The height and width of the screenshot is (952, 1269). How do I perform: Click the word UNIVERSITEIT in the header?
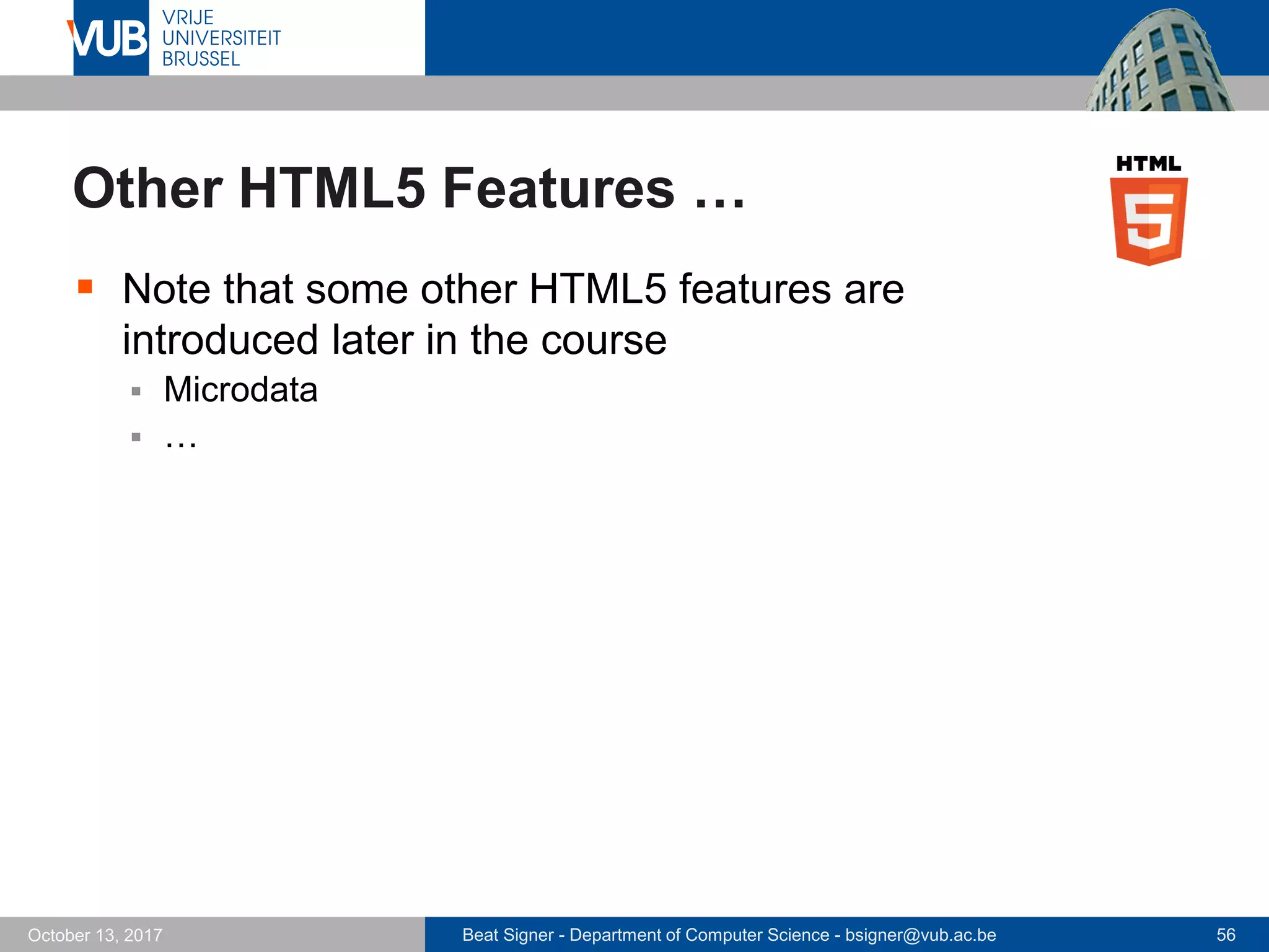[221, 38]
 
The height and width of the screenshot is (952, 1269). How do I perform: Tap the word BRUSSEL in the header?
[201, 59]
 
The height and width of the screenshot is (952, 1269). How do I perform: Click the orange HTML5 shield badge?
[1149, 221]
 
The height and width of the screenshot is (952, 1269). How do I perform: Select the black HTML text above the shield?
[1148, 164]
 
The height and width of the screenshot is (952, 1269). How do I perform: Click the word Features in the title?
[558, 188]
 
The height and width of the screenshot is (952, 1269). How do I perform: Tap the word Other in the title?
[148, 188]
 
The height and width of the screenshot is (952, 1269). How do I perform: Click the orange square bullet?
[85, 286]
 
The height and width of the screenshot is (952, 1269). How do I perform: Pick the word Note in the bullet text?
[167, 289]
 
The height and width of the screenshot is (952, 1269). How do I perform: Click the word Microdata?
[240, 390]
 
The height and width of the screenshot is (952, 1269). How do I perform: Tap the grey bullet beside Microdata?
[136, 392]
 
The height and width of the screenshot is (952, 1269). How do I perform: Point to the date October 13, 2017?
[95, 935]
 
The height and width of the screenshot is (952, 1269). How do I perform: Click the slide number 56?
[1226, 935]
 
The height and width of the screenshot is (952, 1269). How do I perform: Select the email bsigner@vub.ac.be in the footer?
[921, 935]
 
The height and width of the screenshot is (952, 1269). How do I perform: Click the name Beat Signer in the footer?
[507, 935]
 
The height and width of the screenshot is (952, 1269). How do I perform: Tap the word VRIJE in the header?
[188, 17]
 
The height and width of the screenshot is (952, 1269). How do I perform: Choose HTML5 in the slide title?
[332, 188]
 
